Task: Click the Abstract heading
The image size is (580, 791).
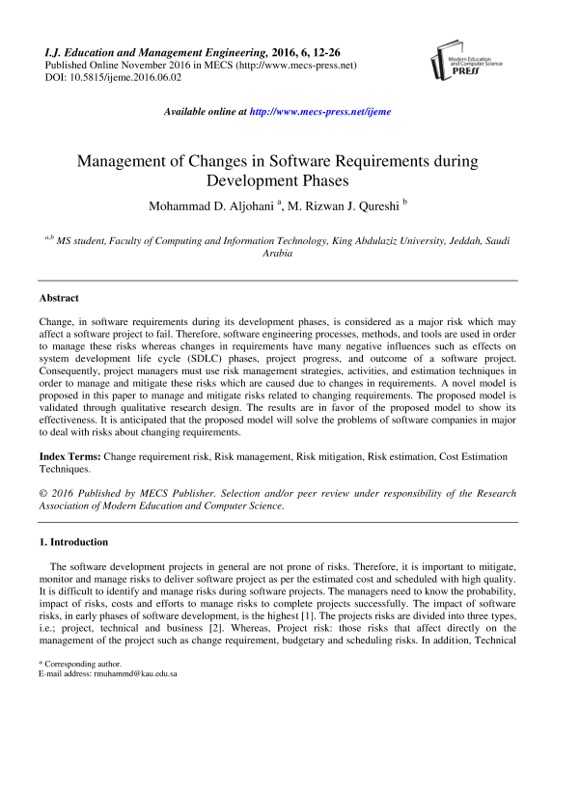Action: tap(59, 298)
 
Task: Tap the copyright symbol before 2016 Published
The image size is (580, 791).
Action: tap(42, 493)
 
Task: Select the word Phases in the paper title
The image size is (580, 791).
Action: tap(344, 180)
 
